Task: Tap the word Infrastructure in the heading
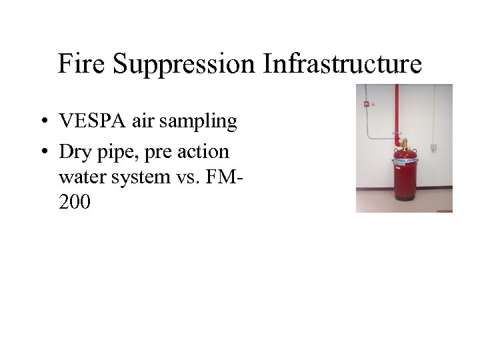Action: [x=343, y=65]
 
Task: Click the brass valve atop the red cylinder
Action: [x=403, y=143]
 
